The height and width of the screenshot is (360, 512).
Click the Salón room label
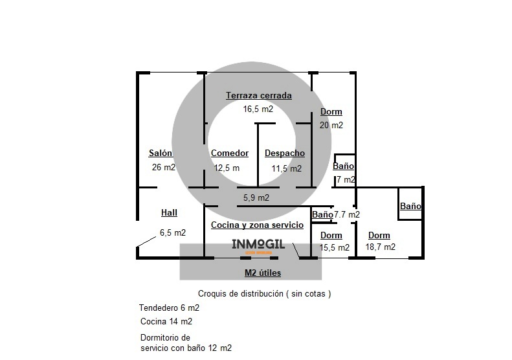pos(161,153)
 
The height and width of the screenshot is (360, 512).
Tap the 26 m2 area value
pos(164,167)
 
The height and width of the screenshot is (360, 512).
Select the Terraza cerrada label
pos(259,96)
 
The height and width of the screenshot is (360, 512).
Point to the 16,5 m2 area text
pos(258,109)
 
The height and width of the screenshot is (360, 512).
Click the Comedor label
pos(230,153)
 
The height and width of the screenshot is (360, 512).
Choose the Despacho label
pos(285,153)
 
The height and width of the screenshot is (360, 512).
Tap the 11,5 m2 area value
pos(287,168)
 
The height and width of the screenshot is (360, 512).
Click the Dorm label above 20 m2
pos(331,112)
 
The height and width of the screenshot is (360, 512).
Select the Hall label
pos(169,212)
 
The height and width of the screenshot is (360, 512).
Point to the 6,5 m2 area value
pos(173,232)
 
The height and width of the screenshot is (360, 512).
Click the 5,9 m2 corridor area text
pos(256,197)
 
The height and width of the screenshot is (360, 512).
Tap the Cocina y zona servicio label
pos(258,225)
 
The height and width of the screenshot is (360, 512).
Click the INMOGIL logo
pos(258,245)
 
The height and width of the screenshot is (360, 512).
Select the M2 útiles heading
pos(263,273)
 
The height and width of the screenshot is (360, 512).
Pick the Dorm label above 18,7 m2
pos(379,235)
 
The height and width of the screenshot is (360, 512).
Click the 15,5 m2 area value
pos(335,247)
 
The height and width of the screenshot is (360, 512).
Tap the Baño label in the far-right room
pos(410,206)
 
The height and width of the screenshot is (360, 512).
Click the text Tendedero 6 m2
pos(169,308)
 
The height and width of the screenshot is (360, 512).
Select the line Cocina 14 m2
pos(166,321)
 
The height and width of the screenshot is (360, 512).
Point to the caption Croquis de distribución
pos(241,293)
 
